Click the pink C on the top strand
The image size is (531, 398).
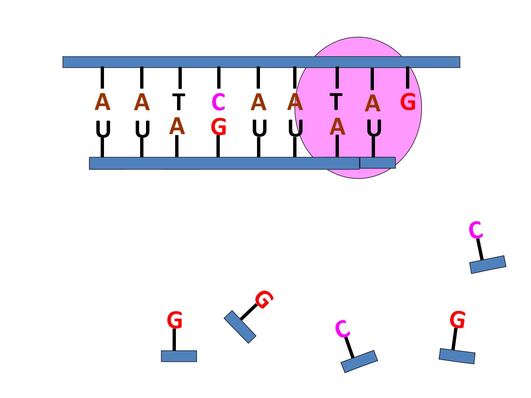coord(218,102)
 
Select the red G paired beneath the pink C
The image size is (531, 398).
coord(218,126)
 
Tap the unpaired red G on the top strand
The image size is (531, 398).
coord(408,101)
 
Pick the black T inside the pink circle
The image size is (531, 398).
coord(336,101)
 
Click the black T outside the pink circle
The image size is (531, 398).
coord(178,101)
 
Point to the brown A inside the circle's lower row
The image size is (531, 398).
coord(337,126)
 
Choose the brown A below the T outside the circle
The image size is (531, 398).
coord(177,126)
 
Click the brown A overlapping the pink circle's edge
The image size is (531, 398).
coord(295,102)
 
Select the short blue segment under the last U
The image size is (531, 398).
coord(378,163)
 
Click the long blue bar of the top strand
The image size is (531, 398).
coord(261,62)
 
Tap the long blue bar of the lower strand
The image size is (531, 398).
coord(224,163)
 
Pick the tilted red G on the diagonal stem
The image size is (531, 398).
coord(264,300)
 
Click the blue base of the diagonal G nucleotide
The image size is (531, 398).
coord(240,327)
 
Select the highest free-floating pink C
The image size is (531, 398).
coord(476,230)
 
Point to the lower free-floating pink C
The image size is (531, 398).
coord(342,329)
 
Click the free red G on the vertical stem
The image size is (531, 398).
coord(174,320)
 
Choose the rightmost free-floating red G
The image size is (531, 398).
coord(458,320)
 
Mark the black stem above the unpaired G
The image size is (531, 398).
coord(407,77)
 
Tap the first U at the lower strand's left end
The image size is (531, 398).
coord(103,129)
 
